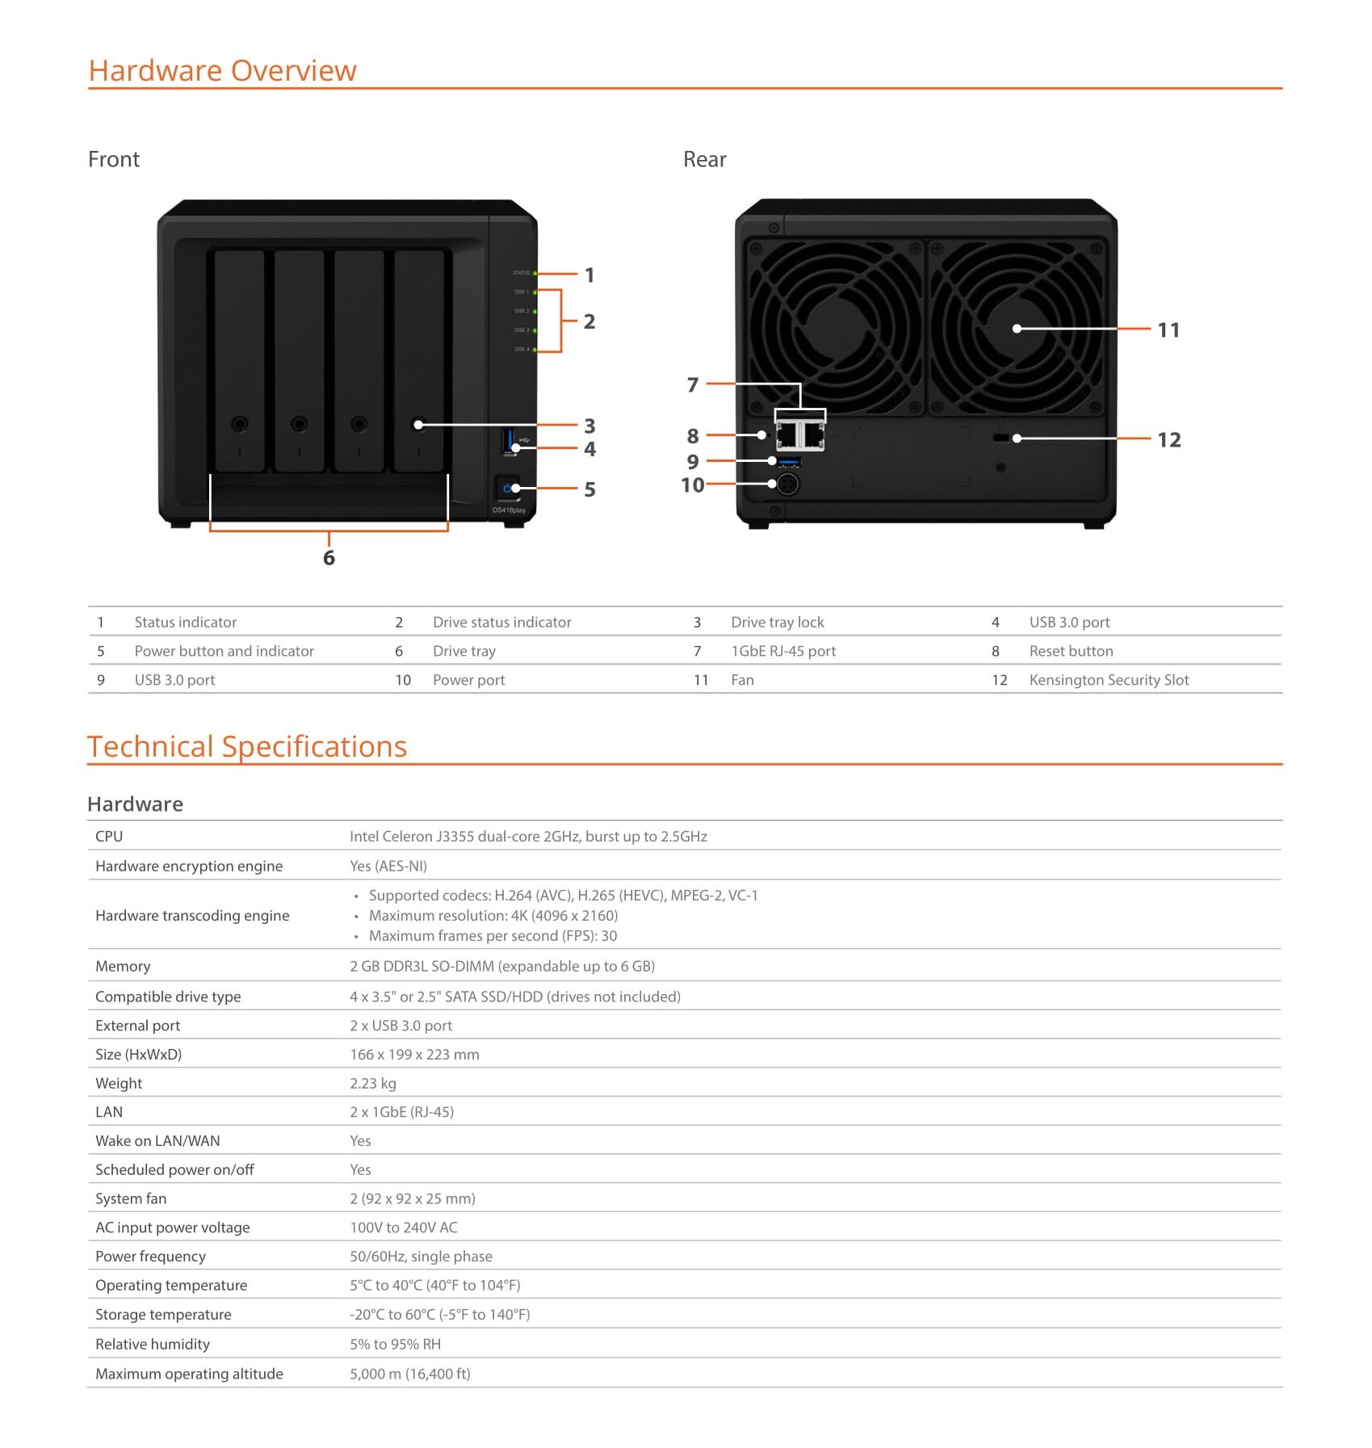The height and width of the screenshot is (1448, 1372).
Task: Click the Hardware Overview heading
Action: (222, 71)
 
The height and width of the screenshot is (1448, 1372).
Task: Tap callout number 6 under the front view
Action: (329, 558)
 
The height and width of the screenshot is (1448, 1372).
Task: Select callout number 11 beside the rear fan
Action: (1169, 330)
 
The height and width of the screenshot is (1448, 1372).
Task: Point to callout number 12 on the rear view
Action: (1169, 440)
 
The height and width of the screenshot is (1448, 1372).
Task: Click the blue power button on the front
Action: (507, 488)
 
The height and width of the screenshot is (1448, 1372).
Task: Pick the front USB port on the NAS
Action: (509, 442)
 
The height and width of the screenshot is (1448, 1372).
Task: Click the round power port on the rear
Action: (787, 484)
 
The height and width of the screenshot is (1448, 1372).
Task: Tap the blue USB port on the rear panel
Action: (789, 462)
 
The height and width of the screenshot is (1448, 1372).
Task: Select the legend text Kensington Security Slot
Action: (1109, 680)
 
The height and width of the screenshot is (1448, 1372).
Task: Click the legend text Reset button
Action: (1071, 651)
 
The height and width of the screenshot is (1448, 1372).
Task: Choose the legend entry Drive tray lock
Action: (777, 622)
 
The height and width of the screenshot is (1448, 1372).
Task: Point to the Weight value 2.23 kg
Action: (373, 1084)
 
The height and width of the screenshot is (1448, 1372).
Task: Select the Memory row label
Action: (123, 967)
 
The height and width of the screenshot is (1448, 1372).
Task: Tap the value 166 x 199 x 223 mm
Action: (414, 1055)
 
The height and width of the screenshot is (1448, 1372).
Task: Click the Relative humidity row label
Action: (153, 1345)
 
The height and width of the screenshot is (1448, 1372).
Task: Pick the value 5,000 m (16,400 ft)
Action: (410, 1375)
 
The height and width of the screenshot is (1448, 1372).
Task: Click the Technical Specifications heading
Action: (247, 747)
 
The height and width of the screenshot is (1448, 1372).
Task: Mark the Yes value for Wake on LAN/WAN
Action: (360, 1141)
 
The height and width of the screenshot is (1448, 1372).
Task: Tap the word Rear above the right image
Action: (704, 160)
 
